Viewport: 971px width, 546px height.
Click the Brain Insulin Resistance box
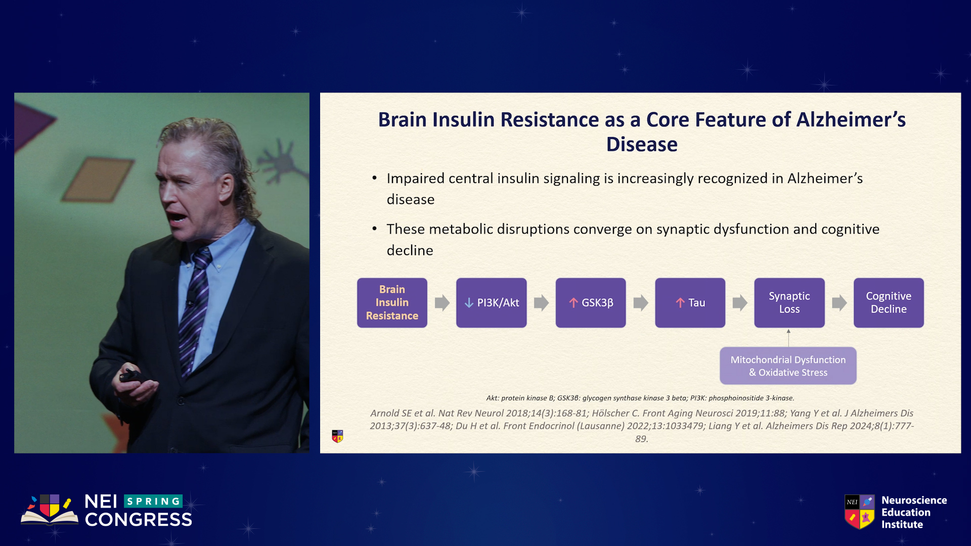pyautogui.click(x=392, y=302)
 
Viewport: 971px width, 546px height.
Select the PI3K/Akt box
pyautogui.click(x=491, y=302)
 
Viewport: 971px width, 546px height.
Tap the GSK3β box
pyautogui.click(x=591, y=302)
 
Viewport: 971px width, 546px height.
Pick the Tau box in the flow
pyautogui.click(x=690, y=302)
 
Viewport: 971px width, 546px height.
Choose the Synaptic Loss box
pyautogui.click(x=789, y=302)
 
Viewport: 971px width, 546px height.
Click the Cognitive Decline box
pyautogui.click(x=889, y=302)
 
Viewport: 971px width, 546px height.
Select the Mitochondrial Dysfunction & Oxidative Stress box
pyautogui.click(x=788, y=366)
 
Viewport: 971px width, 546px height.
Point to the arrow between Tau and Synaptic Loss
pyautogui.click(x=740, y=303)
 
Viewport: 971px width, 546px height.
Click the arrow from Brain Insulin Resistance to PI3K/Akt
pyautogui.click(x=442, y=303)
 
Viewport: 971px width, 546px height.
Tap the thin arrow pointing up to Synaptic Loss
pyautogui.click(x=788, y=338)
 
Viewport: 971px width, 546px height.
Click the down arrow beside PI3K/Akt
pyautogui.click(x=469, y=303)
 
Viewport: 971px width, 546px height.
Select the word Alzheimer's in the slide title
pyautogui.click(x=851, y=120)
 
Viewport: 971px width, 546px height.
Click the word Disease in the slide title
pyautogui.click(x=642, y=145)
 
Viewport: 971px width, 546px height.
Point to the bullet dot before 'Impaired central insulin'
pyautogui.click(x=374, y=178)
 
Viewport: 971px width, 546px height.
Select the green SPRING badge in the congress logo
pyautogui.click(x=153, y=501)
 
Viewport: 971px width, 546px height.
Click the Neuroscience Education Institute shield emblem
pyautogui.click(x=860, y=512)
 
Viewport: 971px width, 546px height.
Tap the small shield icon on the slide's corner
pyautogui.click(x=337, y=436)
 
